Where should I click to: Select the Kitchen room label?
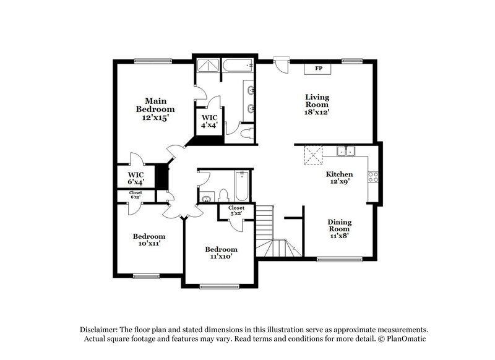tap(340, 174)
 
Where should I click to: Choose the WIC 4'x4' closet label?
tap(209, 121)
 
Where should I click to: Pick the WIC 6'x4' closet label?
tap(136, 178)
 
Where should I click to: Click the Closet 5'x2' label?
tap(236, 210)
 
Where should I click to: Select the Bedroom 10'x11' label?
tap(149, 240)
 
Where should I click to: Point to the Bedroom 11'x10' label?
tap(221, 252)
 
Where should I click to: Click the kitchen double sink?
tap(345, 150)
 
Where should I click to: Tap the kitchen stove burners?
tap(373, 178)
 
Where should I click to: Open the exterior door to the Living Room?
tap(280, 63)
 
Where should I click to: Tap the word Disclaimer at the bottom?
tap(97, 330)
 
